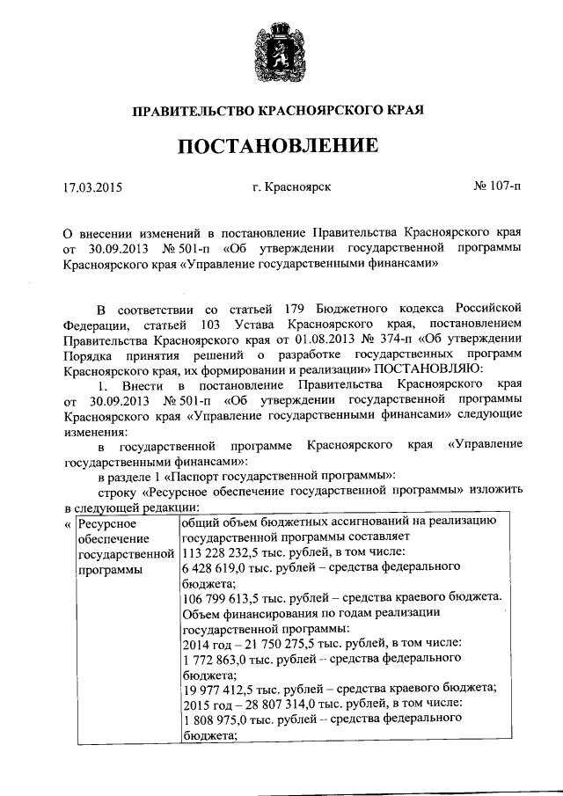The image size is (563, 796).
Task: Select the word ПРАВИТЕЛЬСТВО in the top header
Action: pyautogui.click(x=192, y=111)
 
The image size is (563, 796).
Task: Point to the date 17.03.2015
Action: pyautogui.click(x=93, y=186)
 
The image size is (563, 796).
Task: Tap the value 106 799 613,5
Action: pyautogui.click(x=222, y=597)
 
